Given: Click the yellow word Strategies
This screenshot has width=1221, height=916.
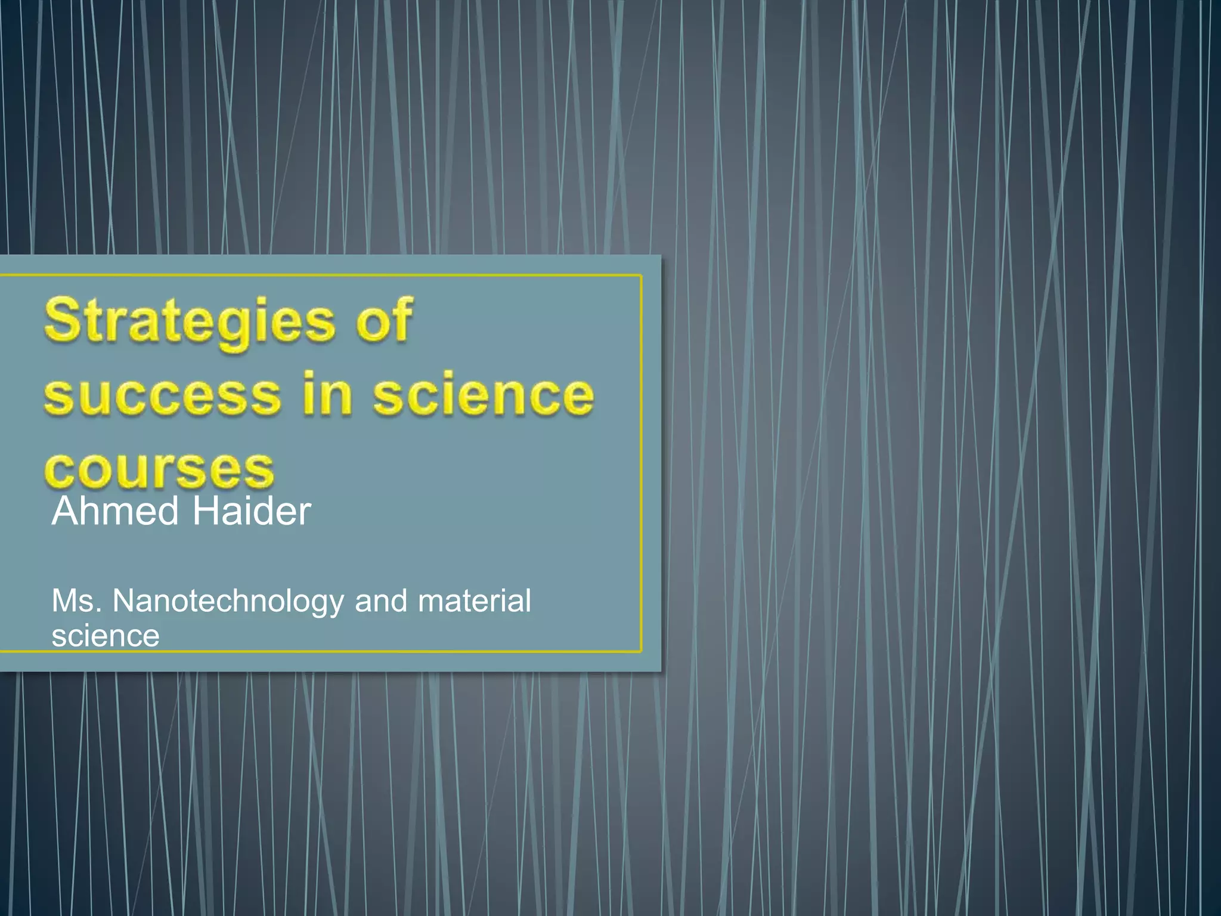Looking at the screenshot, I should (x=190, y=322).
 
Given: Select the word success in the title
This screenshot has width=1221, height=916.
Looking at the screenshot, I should (x=162, y=395).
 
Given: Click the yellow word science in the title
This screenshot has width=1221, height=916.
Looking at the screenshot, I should (x=484, y=395).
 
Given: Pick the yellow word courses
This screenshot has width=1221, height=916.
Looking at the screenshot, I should (x=159, y=469).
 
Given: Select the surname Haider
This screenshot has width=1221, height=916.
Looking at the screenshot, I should (x=251, y=512).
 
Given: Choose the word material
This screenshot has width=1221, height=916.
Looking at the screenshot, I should (x=474, y=601).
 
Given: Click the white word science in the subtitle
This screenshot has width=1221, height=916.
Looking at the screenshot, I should (x=106, y=636).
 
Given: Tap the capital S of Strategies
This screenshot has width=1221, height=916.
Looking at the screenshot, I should (x=63, y=320).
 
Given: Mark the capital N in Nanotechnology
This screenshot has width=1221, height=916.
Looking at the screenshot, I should (x=124, y=601).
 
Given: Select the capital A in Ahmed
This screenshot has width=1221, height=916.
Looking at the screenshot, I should (x=66, y=512).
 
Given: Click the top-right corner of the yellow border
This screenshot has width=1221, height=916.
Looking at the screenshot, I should (x=641, y=276).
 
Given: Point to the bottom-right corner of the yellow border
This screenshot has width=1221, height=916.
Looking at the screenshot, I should (x=641, y=651).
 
